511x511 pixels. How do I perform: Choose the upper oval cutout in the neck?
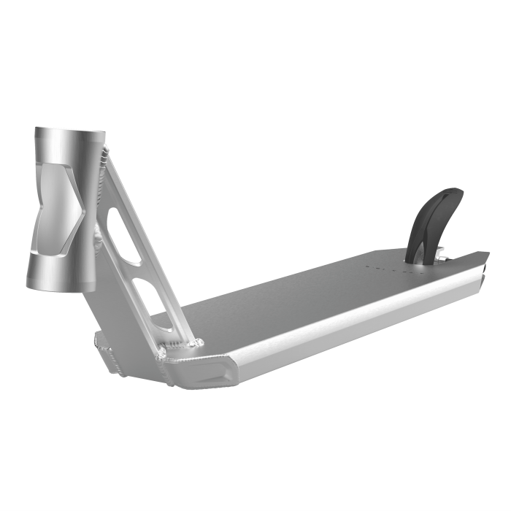tap(124, 232)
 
